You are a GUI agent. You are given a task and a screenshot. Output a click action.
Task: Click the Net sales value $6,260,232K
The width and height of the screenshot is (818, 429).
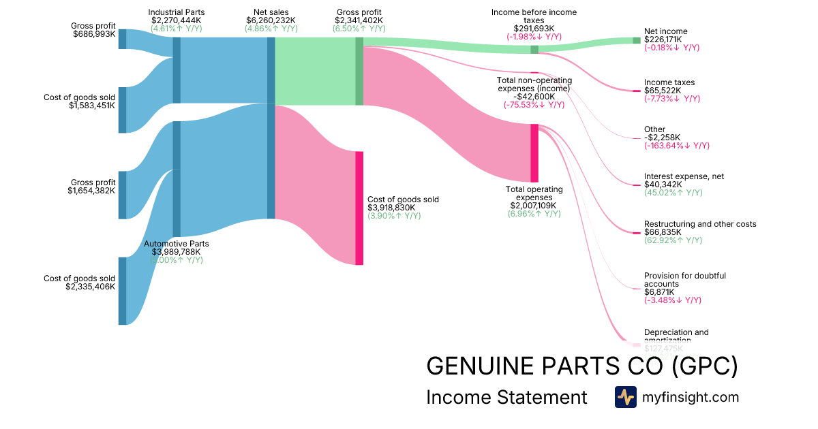point(271,20)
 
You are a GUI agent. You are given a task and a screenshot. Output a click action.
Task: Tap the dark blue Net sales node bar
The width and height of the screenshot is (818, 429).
point(271,128)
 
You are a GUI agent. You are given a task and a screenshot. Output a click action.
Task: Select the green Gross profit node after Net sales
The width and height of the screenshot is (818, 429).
point(359,71)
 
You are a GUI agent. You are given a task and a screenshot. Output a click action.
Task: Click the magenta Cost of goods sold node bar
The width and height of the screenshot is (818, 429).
point(359,208)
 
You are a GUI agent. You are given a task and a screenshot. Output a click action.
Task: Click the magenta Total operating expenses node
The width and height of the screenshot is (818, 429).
point(534,153)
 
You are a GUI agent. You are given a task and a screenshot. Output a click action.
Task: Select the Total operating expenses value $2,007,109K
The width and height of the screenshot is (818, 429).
point(534,205)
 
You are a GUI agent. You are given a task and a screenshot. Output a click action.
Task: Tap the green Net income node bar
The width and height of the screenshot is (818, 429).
point(637,40)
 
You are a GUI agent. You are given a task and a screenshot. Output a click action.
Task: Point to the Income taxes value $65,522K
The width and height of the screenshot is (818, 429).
point(665,91)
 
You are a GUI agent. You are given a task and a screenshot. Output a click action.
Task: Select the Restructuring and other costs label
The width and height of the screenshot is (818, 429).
point(700,224)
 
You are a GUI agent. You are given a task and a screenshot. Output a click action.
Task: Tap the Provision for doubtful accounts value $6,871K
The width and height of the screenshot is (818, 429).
point(661,291)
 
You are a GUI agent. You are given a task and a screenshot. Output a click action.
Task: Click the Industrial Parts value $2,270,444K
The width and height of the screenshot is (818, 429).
point(176,20)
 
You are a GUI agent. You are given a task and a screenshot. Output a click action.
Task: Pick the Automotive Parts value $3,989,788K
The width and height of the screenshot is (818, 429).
point(176,252)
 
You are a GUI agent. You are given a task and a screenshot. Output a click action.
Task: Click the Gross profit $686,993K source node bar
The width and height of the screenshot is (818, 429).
point(122,39)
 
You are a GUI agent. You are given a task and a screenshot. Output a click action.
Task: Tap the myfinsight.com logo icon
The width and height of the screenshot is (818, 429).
point(625,397)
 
